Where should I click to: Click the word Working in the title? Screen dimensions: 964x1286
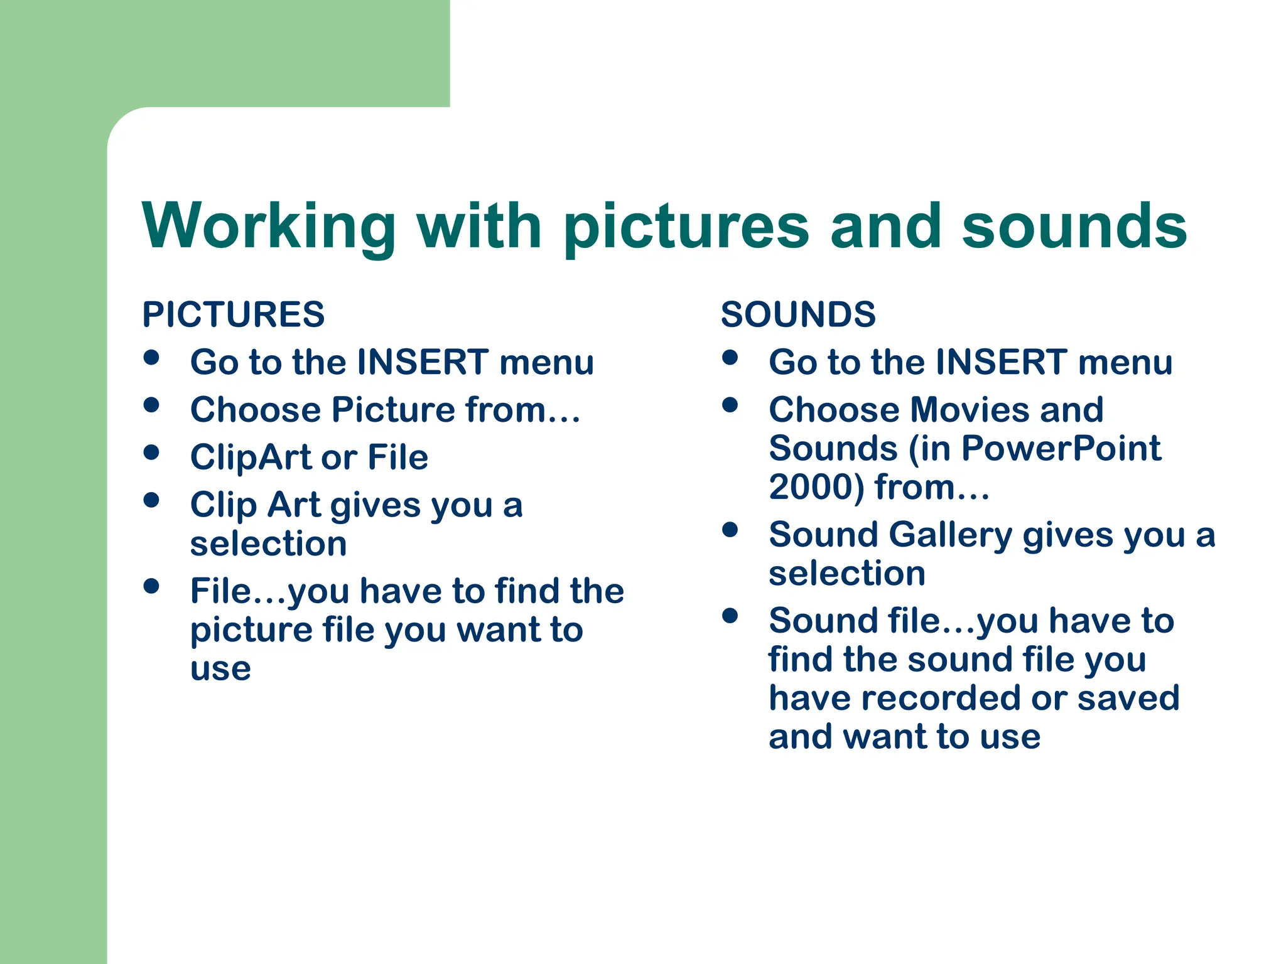(269, 227)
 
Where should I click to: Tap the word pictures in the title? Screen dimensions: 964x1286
(686, 227)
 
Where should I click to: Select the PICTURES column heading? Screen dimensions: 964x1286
(233, 314)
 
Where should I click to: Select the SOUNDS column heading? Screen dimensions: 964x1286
(798, 314)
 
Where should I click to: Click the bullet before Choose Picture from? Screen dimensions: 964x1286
(151, 405)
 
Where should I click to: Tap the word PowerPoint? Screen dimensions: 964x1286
(1061, 449)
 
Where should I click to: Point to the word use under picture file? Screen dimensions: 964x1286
(220, 669)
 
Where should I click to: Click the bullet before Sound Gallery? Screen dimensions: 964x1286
(730, 530)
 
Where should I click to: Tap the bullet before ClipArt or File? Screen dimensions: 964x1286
(151, 453)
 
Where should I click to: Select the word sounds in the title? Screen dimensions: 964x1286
(1074, 227)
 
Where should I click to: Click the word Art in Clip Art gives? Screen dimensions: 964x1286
(294, 505)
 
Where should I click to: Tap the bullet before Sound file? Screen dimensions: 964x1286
(730, 616)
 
